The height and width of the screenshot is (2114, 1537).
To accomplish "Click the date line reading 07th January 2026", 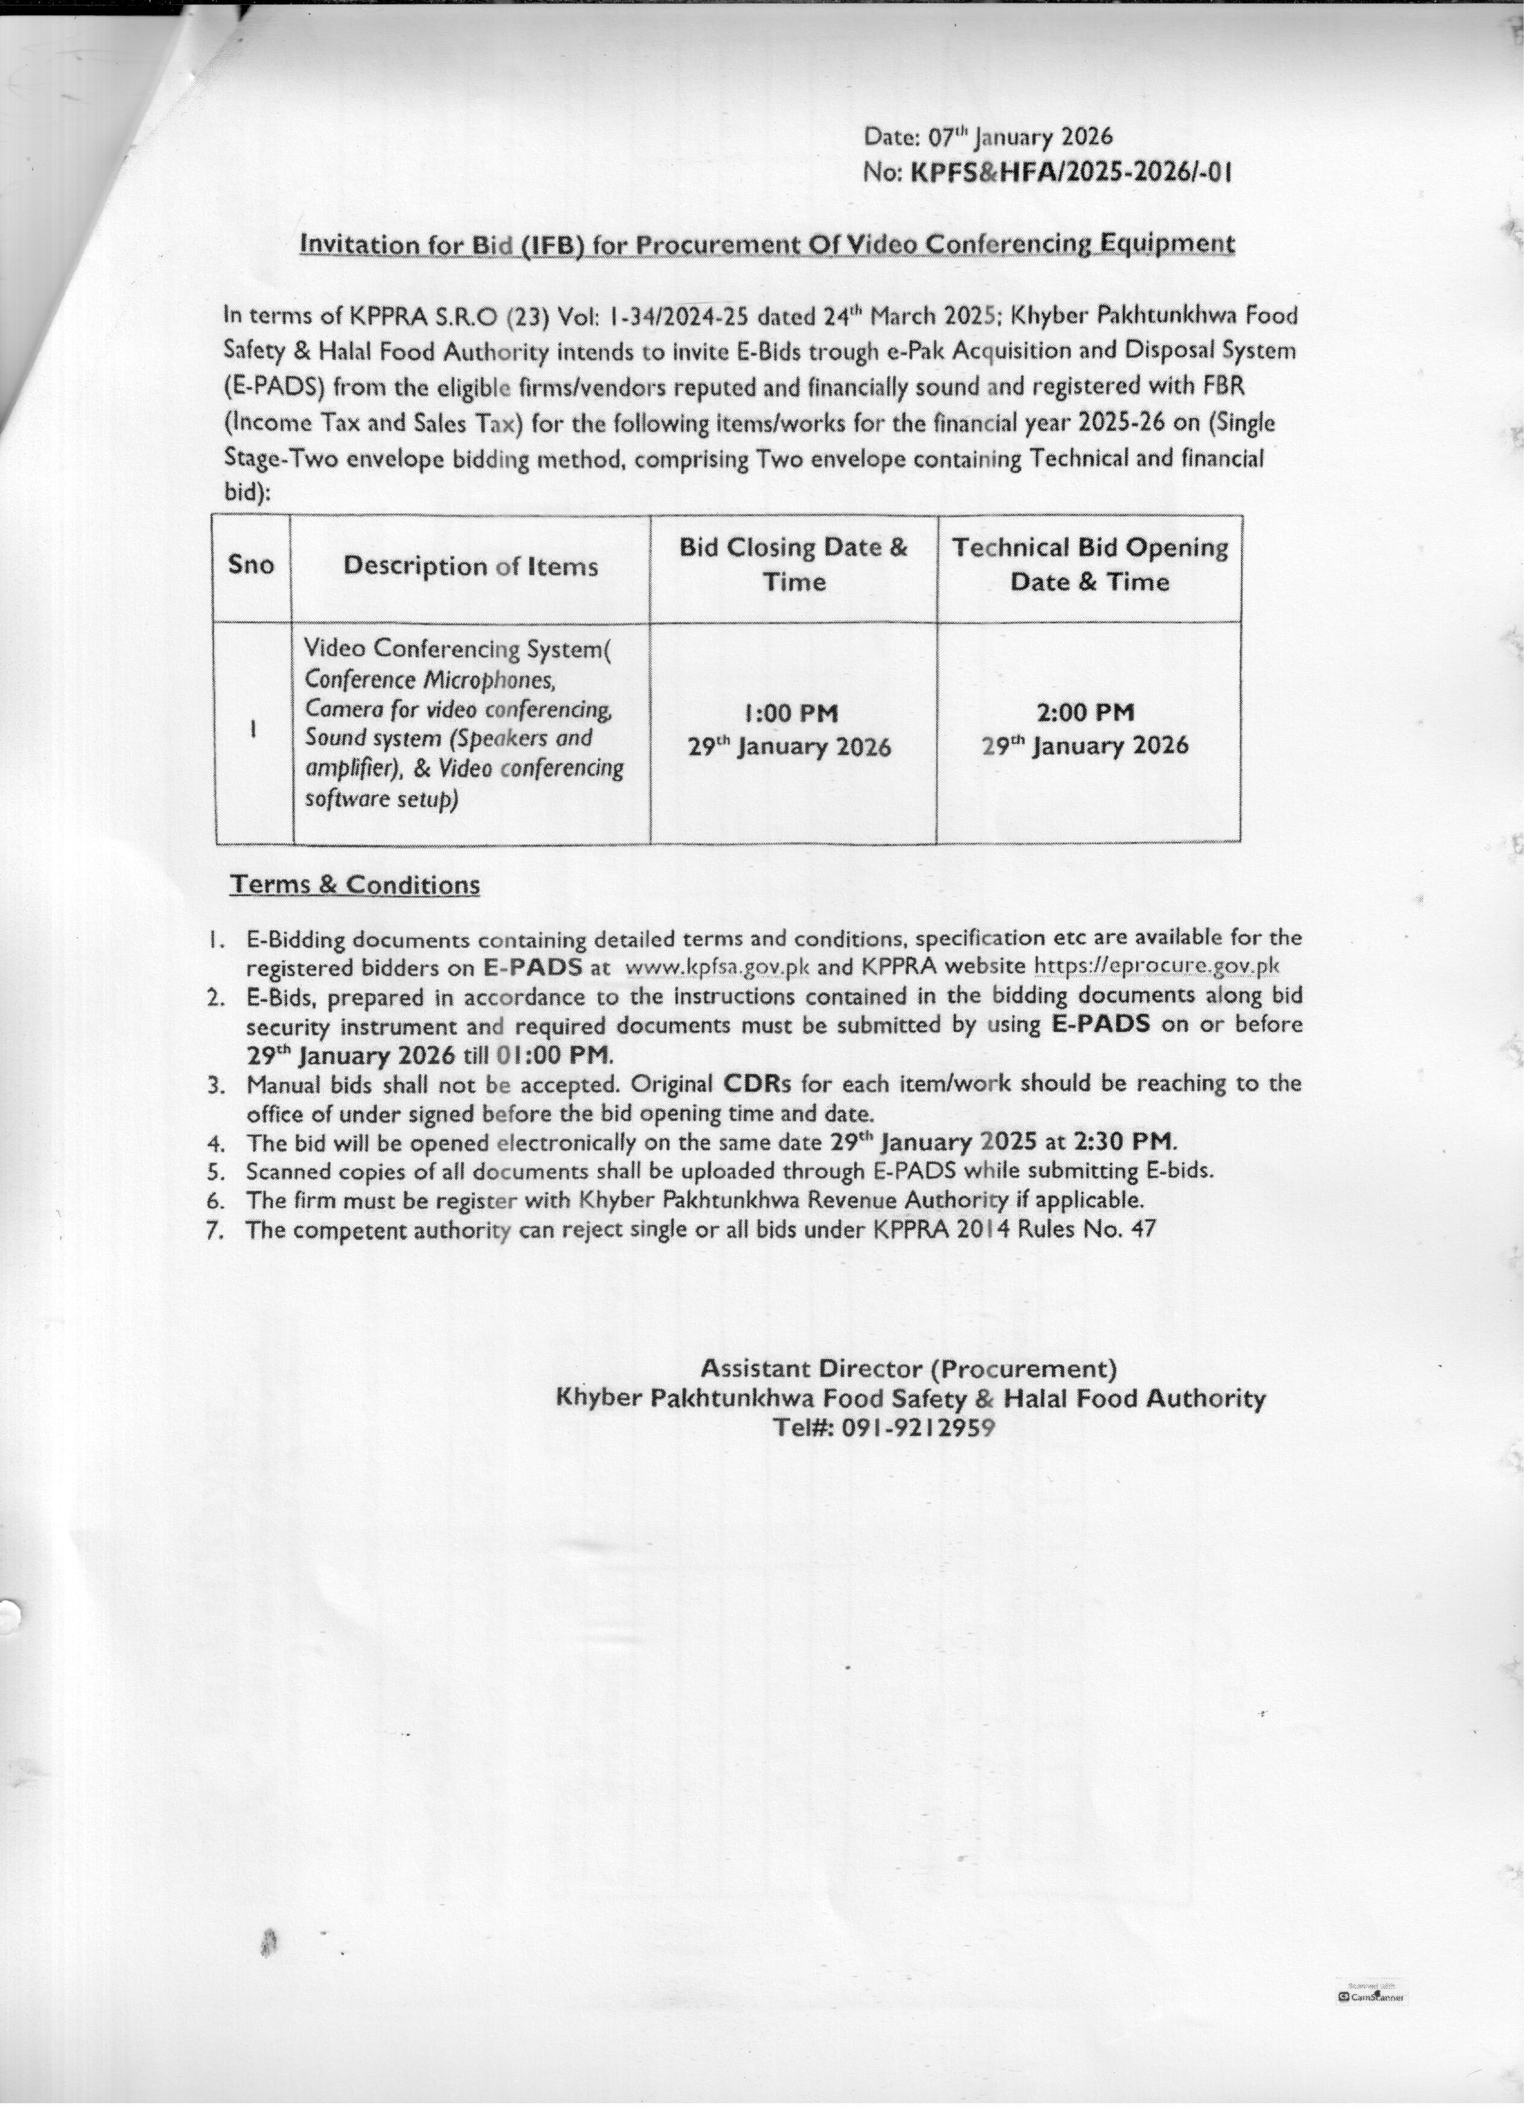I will [x=988, y=137].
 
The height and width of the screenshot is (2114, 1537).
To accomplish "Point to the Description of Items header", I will [x=471, y=566].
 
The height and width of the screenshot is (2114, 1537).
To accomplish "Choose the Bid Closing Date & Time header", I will [x=793, y=564].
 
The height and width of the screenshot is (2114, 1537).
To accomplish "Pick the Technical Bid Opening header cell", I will [x=1090, y=564].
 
